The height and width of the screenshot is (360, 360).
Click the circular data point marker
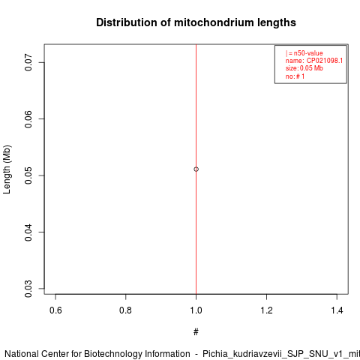click(x=196, y=169)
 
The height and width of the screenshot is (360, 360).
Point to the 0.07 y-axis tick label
click(x=28, y=62)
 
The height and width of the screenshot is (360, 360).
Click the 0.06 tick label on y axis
click(x=28, y=119)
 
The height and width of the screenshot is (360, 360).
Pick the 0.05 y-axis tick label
click(x=28, y=175)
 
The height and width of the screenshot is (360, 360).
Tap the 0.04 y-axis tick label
click(x=28, y=232)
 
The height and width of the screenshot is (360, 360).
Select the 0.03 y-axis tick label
click(x=28, y=289)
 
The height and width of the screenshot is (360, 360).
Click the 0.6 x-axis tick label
click(x=55, y=310)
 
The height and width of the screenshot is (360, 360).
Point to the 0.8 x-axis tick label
click(x=125, y=310)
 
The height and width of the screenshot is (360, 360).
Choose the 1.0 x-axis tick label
click(x=196, y=310)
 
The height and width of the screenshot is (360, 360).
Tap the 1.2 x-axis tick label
click(x=266, y=310)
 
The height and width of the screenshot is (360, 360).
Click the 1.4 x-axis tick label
click(x=337, y=310)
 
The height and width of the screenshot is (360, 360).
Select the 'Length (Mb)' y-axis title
click(x=7, y=169)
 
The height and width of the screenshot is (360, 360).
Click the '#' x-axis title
click(x=196, y=332)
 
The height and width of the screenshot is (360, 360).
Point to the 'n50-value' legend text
click(x=308, y=53)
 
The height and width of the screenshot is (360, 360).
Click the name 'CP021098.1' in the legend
click(x=325, y=61)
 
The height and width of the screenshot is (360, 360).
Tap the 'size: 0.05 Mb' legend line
click(x=304, y=68)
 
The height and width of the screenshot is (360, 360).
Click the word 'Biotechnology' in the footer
click(x=137, y=354)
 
